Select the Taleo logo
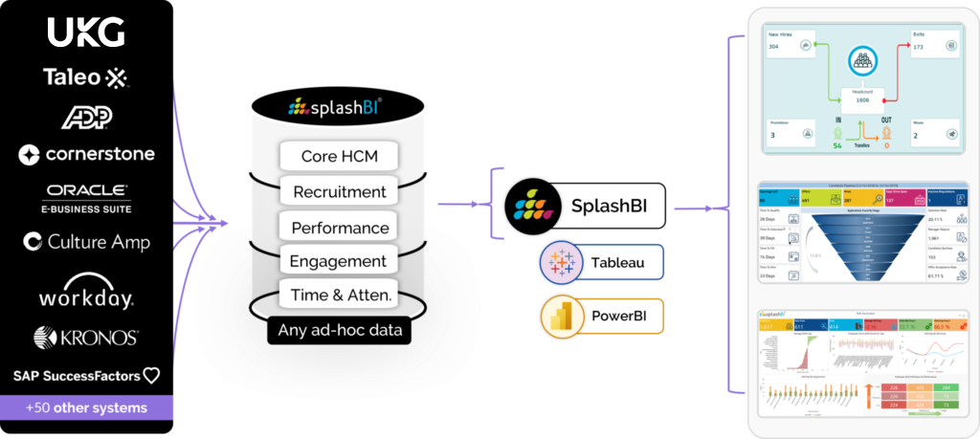[86, 77]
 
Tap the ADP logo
[87, 117]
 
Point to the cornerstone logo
[86, 154]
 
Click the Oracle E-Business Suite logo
[87, 198]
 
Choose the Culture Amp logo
[86, 242]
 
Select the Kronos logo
[86, 337]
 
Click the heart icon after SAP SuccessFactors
[151, 375]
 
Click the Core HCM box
[339, 156]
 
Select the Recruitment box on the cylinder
[339, 191]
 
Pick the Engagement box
[339, 261]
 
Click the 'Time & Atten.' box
[339, 296]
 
